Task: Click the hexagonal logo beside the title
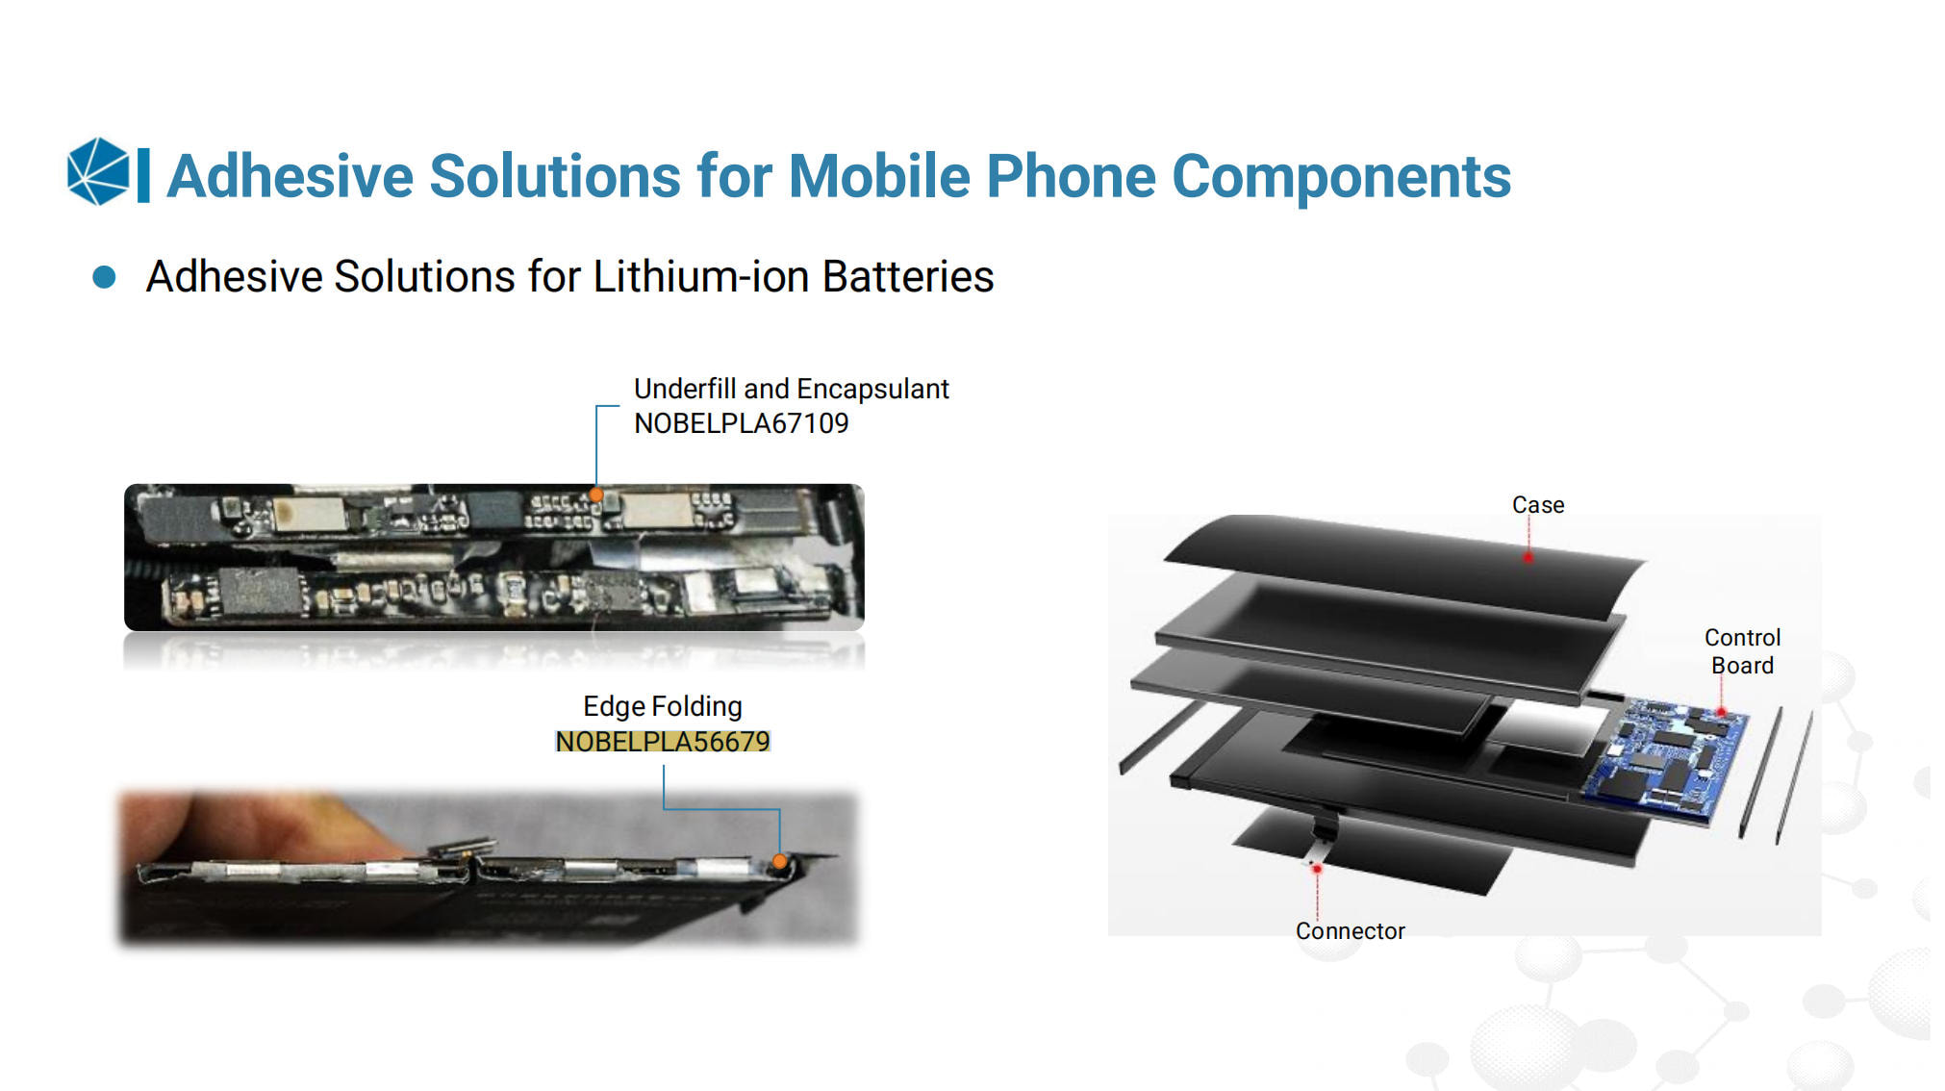(x=98, y=171)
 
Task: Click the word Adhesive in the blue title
(x=290, y=176)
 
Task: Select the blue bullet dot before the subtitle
(x=104, y=277)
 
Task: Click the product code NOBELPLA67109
(x=742, y=423)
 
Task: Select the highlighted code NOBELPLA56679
(x=663, y=742)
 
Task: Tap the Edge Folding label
(x=663, y=707)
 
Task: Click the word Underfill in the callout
(x=685, y=389)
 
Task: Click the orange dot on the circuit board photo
(x=596, y=495)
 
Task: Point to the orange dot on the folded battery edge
(x=780, y=861)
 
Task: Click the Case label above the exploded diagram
(x=1538, y=505)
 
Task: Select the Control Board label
(x=1742, y=651)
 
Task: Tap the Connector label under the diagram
(x=1350, y=931)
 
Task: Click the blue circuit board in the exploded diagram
(x=1664, y=759)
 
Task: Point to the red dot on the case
(x=1528, y=556)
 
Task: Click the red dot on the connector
(x=1317, y=869)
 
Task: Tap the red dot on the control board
(x=1721, y=712)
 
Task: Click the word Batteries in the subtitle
(x=908, y=277)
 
